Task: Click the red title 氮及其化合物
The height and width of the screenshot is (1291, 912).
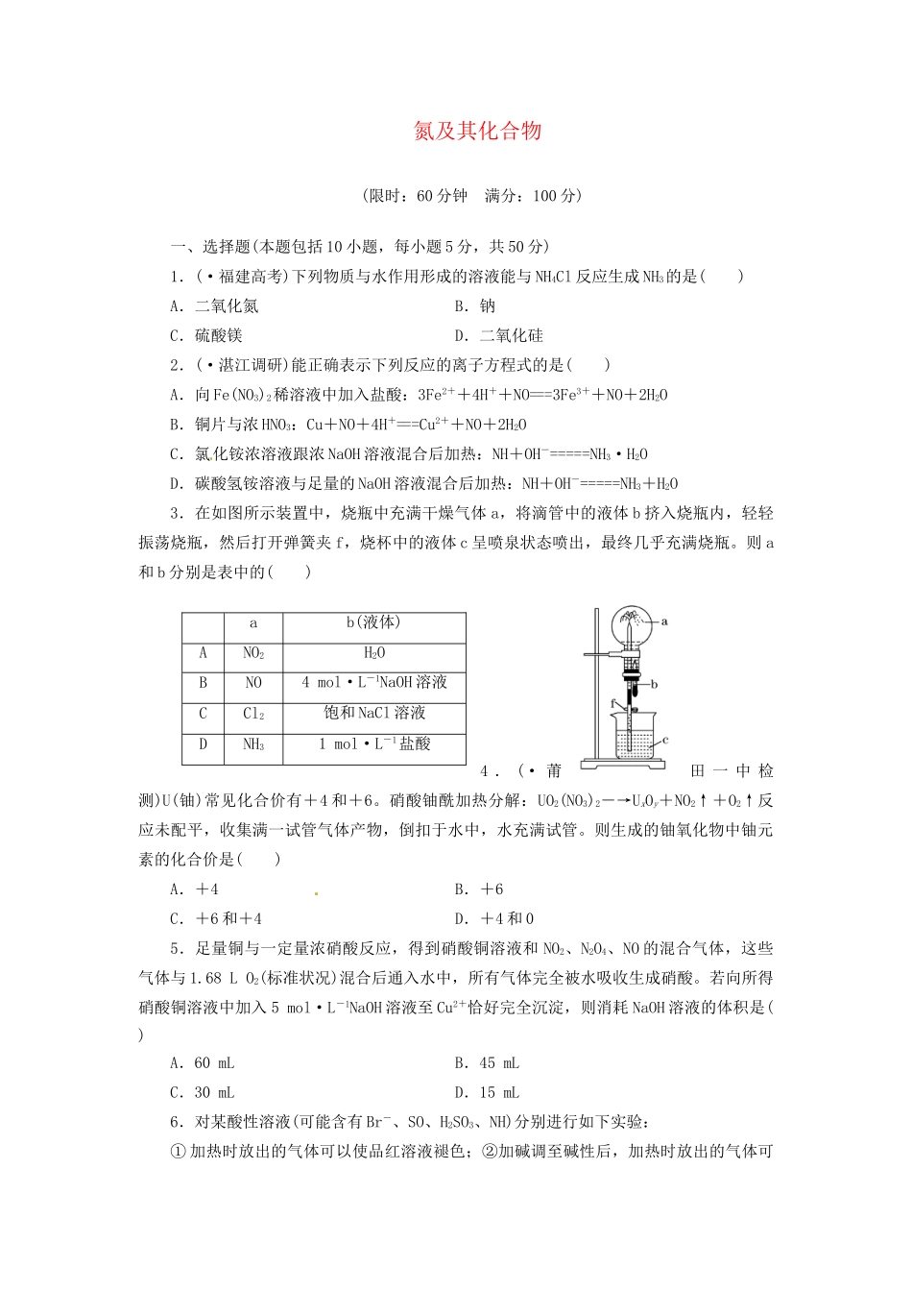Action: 477,132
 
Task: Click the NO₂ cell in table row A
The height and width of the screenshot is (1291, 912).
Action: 253,653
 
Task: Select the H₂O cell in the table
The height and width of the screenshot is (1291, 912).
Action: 374,653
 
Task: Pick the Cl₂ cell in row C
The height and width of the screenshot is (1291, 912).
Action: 253,714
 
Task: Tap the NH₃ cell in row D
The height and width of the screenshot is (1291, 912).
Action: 253,744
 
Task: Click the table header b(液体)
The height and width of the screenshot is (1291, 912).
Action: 373,622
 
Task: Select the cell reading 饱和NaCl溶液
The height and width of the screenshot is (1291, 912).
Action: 374,713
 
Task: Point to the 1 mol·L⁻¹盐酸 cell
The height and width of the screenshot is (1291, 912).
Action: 374,743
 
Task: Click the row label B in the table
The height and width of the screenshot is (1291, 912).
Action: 204,683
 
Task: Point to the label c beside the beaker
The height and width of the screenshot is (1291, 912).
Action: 664,740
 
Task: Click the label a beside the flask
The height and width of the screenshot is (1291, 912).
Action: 664,621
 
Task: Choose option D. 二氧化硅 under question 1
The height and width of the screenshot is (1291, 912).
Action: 498,336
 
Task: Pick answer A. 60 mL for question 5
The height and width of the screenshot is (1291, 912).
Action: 203,1063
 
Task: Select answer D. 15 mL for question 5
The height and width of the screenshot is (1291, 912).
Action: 487,1093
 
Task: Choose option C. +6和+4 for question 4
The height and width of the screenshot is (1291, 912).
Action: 216,919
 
